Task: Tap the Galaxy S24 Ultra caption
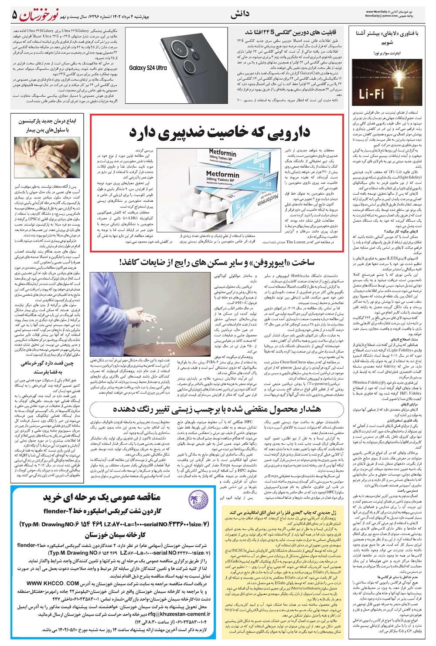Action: click(148, 68)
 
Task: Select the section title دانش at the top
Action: click(240, 15)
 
